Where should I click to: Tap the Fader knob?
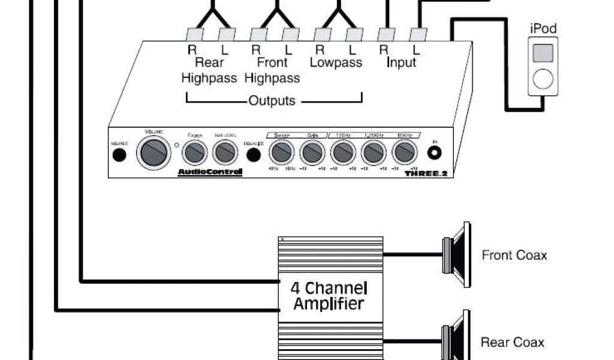click(x=195, y=153)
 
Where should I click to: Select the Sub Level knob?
click(x=225, y=153)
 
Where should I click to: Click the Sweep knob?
click(x=280, y=153)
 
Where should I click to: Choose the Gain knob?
click(x=312, y=153)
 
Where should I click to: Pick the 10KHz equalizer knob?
click(x=404, y=153)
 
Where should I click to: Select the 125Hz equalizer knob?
click(x=344, y=153)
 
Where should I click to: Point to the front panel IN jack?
click(x=435, y=153)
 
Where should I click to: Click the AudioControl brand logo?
click(x=210, y=173)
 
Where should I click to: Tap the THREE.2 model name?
click(x=427, y=173)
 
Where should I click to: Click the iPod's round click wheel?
click(x=543, y=79)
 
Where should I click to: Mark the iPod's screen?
click(x=543, y=52)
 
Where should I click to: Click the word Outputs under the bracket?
click(x=272, y=101)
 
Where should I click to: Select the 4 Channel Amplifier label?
click(x=329, y=295)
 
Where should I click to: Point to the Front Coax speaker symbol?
click(x=458, y=255)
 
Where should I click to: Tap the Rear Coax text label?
click(x=513, y=343)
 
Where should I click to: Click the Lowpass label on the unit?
click(x=336, y=62)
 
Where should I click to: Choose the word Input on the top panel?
click(x=401, y=62)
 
